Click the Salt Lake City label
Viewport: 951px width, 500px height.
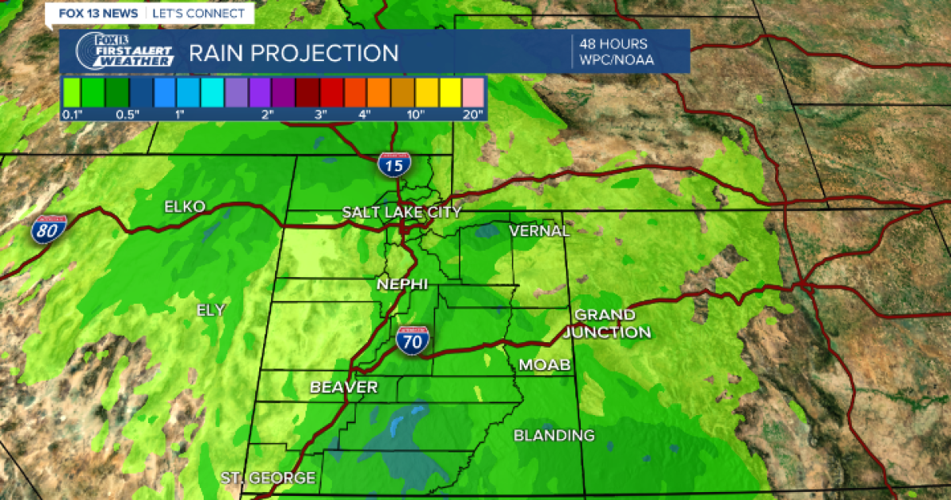pos(401,212)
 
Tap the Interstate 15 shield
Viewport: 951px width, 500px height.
pos(394,164)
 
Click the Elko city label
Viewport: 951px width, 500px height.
pos(184,207)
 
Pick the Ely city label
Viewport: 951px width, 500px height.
pos(211,310)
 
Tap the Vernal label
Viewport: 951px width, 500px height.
pos(539,231)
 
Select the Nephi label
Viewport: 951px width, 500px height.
pos(402,284)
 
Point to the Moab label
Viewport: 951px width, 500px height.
pos(540,364)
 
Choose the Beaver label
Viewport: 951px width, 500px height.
pos(343,387)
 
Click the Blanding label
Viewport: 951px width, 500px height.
pos(554,435)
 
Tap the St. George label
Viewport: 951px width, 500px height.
pos(268,478)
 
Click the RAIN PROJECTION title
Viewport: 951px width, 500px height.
pos(293,53)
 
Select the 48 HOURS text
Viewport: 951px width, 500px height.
pos(613,44)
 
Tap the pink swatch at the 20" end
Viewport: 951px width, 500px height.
pos(474,92)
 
